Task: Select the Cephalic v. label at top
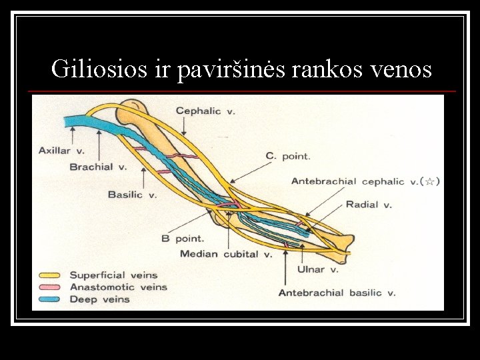pyautogui.click(x=205, y=111)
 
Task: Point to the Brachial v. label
pyautogui.click(x=98, y=167)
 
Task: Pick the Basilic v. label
pyautogui.click(x=132, y=195)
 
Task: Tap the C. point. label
pyautogui.click(x=287, y=156)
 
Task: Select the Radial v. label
pyautogui.click(x=369, y=205)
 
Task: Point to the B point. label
pyautogui.click(x=183, y=238)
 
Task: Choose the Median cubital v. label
pyautogui.click(x=226, y=254)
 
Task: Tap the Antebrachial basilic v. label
pyautogui.click(x=337, y=293)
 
